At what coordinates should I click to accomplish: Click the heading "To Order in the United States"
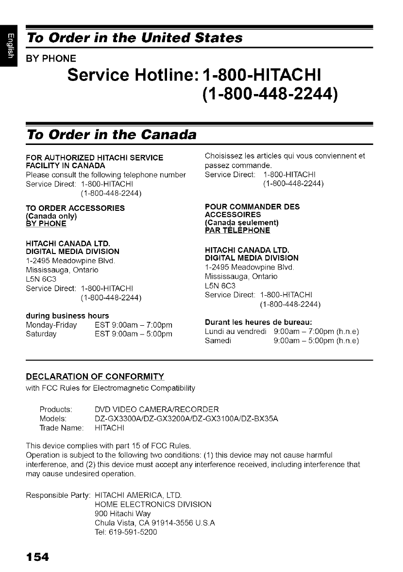click(134, 38)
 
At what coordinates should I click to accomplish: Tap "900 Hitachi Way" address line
click(123, 513)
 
